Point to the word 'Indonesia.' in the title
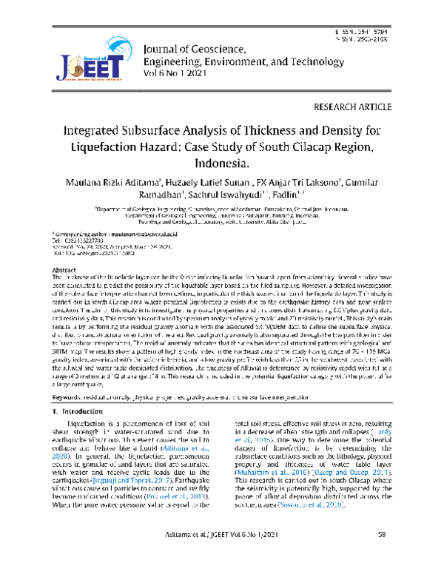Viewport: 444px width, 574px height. (x=222, y=161)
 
